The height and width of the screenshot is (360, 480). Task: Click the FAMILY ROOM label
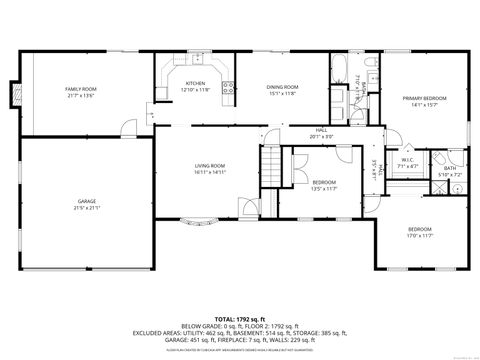[x=80, y=90]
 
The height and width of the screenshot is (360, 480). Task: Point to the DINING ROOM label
[x=281, y=87]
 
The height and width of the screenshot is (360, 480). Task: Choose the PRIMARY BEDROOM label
[x=425, y=97]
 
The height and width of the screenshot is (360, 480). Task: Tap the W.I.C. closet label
[x=408, y=160]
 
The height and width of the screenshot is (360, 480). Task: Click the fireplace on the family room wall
[x=13, y=96]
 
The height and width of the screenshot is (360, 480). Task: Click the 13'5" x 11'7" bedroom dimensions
[x=325, y=187]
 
